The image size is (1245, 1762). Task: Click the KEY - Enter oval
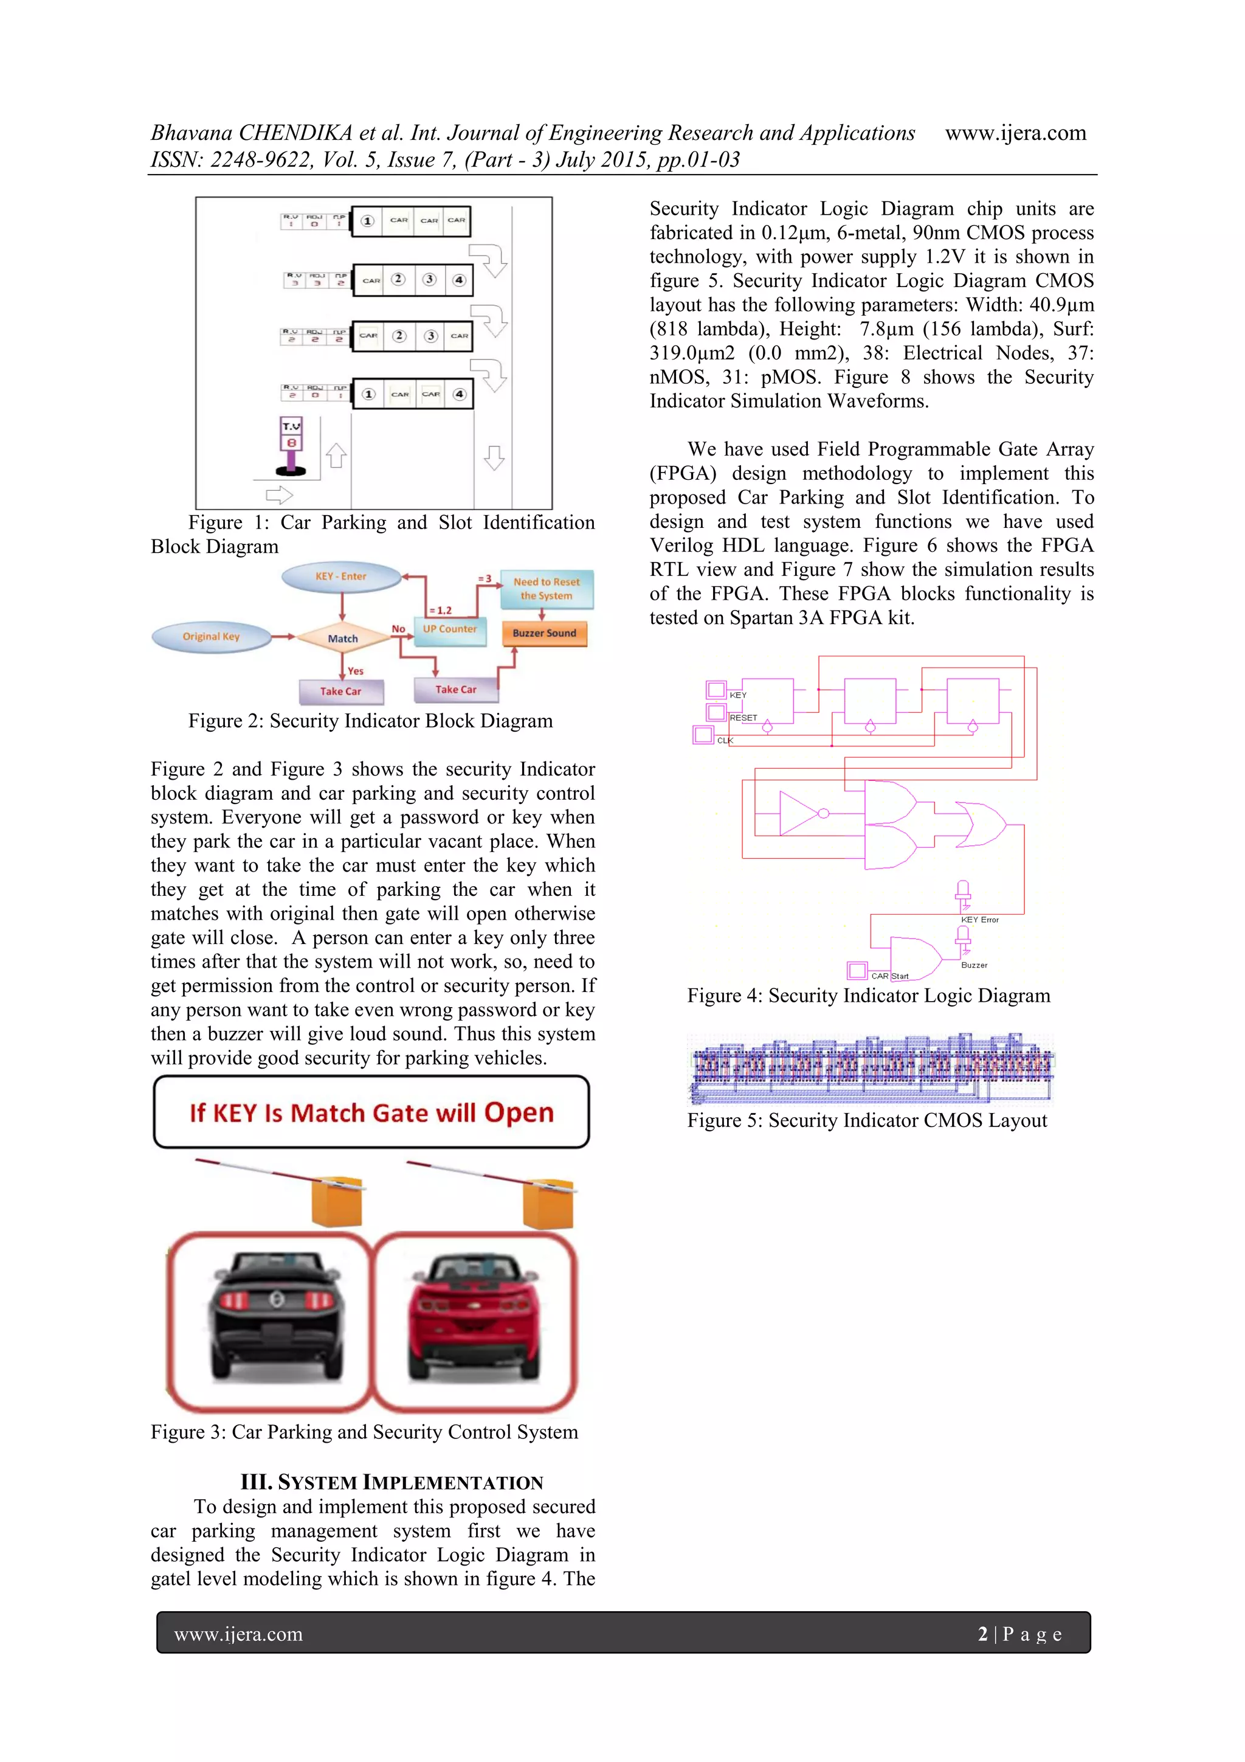(342, 577)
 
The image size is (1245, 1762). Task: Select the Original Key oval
(211, 636)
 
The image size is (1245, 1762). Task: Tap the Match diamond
(342, 638)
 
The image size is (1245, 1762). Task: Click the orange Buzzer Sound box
(544, 633)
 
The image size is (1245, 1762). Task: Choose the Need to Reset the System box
(546, 589)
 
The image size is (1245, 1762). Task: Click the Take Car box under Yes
(340, 691)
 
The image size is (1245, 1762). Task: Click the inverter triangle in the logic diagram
(799, 813)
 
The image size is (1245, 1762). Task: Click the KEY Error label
(979, 920)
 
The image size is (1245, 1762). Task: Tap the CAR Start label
(889, 976)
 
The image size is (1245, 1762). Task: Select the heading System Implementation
(391, 1482)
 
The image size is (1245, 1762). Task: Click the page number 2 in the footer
(982, 1634)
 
